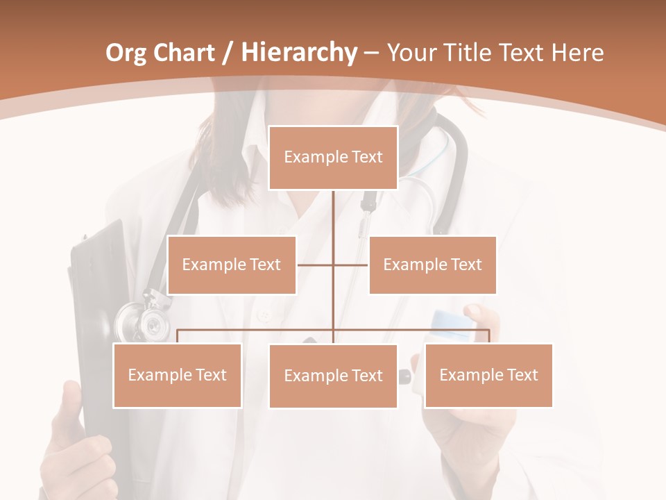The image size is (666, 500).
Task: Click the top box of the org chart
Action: click(333, 158)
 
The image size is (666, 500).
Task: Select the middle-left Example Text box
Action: click(232, 265)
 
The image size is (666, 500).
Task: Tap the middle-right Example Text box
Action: click(432, 265)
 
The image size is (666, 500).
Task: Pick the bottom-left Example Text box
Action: click(178, 375)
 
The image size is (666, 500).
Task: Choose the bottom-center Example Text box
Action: click(333, 376)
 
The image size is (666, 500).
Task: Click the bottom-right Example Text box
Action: click(488, 375)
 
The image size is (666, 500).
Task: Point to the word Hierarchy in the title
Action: click(298, 53)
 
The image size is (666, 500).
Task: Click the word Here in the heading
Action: click(577, 53)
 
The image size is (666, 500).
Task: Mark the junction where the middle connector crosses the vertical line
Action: click(333, 265)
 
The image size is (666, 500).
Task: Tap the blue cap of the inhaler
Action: click(452, 320)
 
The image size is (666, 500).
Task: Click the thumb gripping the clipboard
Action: click(70, 403)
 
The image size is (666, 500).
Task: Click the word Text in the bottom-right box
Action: click(522, 375)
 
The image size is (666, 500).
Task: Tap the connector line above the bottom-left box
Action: click(178, 335)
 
